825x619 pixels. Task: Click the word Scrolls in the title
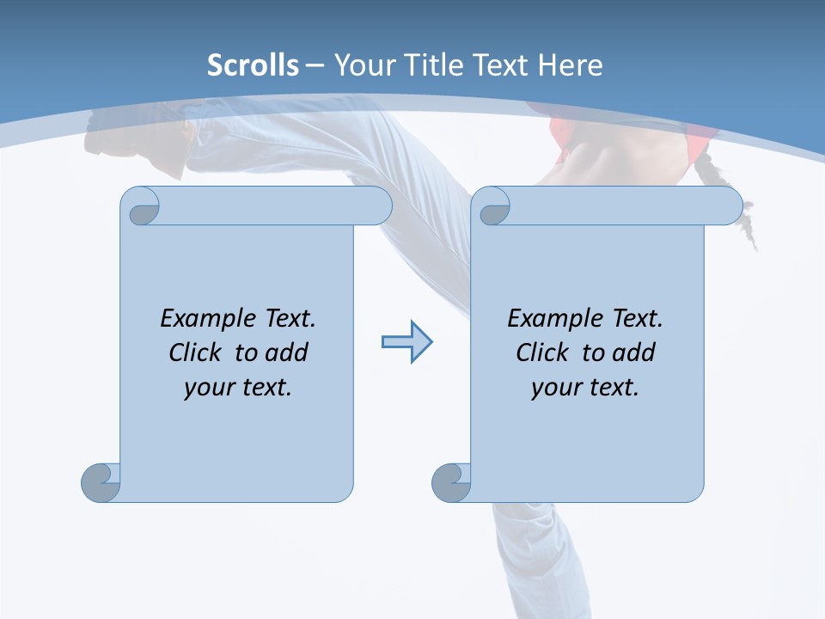pyautogui.click(x=253, y=65)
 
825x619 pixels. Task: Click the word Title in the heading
pyautogui.click(x=430, y=65)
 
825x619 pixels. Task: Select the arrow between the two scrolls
pyautogui.click(x=406, y=342)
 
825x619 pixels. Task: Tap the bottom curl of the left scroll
pyautogui.click(x=100, y=482)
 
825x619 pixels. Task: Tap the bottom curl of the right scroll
pyautogui.click(x=450, y=482)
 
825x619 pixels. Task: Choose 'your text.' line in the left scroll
pyautogui.click(x=238, y=388)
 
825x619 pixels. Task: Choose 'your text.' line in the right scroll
pyautogui.click(x=585, y=388)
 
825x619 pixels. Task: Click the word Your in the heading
pyautogui.click(x=361, y=65)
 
